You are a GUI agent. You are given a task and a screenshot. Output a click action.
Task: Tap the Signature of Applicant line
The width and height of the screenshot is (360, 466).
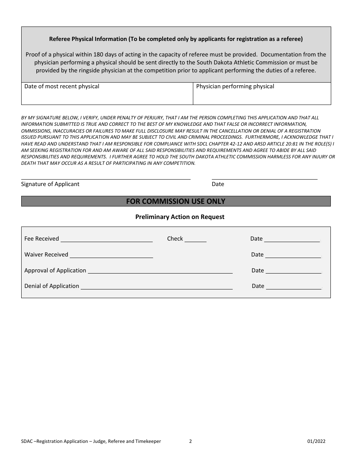tap(106, 177)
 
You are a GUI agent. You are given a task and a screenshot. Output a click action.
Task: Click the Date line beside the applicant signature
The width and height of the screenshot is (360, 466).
tap(264, 177)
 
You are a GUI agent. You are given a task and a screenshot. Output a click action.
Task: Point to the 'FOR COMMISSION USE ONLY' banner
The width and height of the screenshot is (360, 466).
tap(176, 201)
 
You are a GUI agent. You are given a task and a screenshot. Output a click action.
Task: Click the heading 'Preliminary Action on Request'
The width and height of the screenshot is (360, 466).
tap(180, 217)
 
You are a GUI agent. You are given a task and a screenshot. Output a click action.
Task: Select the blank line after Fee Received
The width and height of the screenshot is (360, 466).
tap(106, 239)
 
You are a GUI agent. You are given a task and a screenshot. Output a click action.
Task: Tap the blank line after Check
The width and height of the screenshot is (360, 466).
tap(196, 239)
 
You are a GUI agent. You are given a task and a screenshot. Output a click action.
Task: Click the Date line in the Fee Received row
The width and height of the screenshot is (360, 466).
tap(292, 239)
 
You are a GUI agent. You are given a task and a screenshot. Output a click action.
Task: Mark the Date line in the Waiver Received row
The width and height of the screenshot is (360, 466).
tap(293, 255)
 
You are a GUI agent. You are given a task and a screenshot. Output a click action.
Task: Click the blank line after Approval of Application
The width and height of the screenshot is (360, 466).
tap(160, 271)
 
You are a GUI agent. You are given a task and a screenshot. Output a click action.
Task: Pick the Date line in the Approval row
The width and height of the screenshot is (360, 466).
tap(293, 271)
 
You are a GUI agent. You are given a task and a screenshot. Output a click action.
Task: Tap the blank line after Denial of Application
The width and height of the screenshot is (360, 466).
tap(157, 287)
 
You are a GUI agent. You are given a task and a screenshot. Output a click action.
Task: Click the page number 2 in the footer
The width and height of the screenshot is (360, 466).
tap(191, 441)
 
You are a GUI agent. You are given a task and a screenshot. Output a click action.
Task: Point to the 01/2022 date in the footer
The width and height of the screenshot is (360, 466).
tap(316, 441)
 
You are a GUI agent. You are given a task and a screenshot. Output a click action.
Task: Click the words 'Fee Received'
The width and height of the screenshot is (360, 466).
tap(42, 239)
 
